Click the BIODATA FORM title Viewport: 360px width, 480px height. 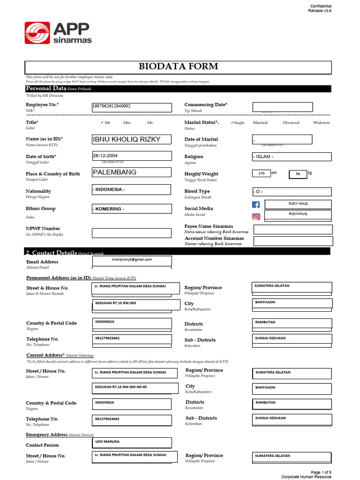pyautogui.click(x=178, y=66)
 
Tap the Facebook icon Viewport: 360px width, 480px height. pyautogui.click(x=256, y=204)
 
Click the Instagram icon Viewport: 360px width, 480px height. pyautogui.click(x=256, y=217)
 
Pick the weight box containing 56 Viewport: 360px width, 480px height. pyautogui.click(x=298, y=174)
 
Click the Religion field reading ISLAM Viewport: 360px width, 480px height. pyautogui.click(x=292, y=157)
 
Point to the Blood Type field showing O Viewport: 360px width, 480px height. pyautogui.click(x=292, y=192)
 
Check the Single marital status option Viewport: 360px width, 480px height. pyautogui.click(x=238, y=122)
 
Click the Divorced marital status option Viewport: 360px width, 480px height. pyautogui.click(x=291, y=122)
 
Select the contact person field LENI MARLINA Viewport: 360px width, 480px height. pyautogui.click(x=132, y=442)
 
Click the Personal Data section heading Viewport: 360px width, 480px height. pyautogui.click(x=45, y=88)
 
